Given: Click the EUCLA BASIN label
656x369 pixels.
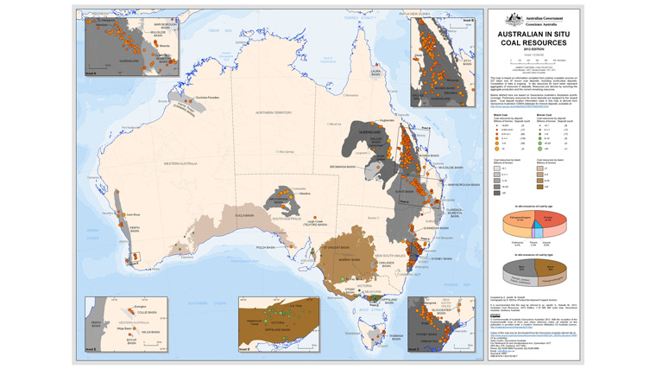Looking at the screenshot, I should point(243,215).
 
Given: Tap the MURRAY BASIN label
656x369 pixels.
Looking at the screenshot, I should point(349,258).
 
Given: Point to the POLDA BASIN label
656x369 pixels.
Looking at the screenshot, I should point(265,247).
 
